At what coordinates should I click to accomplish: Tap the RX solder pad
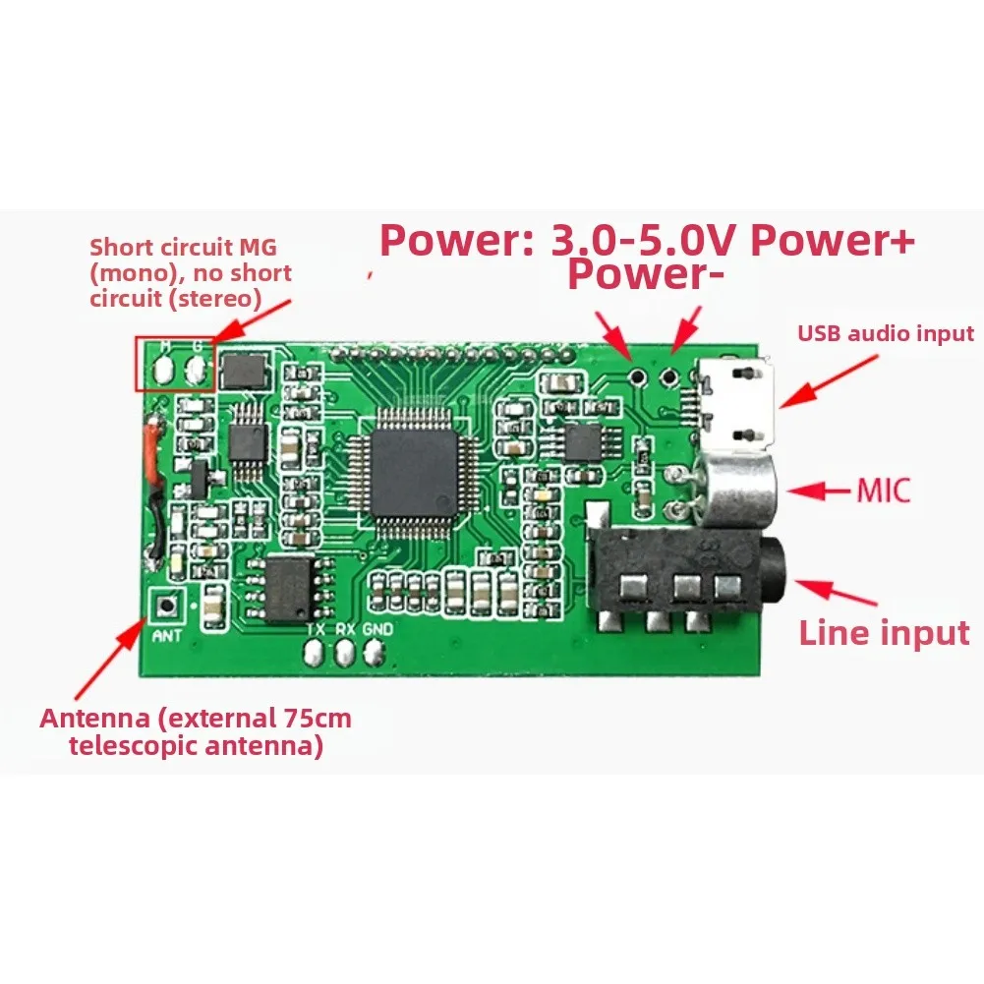click(345, 652)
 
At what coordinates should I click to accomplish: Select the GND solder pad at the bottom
click(374, 652)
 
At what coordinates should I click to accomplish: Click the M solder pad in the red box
click(163, 370)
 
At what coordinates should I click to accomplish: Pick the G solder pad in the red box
click(198, 370)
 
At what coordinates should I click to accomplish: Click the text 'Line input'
click(884, 632)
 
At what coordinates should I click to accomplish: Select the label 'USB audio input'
click(885, 333)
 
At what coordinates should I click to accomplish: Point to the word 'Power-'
click(645, 275)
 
